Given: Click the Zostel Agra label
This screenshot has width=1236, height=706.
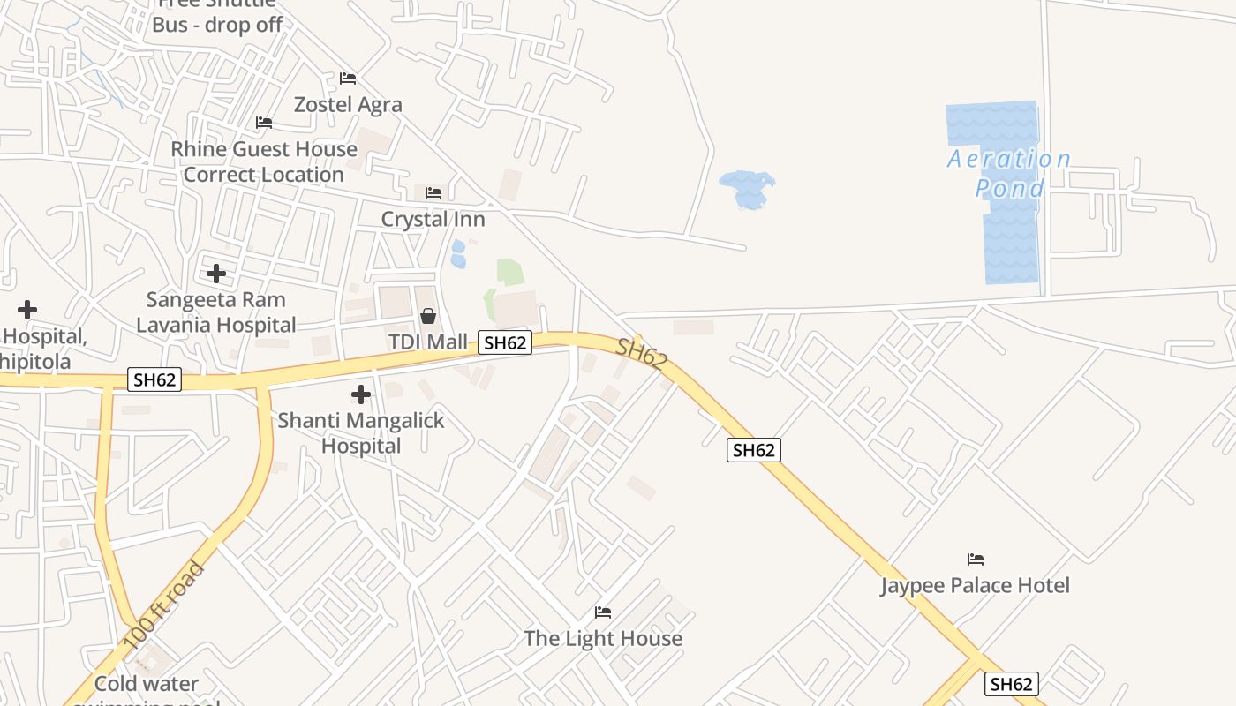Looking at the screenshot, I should [x=348, y=104].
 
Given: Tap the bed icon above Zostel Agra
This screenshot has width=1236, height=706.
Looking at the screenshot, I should [x=348, y=79].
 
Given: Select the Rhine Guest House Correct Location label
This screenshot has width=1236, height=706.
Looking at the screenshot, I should [x=264, y=161].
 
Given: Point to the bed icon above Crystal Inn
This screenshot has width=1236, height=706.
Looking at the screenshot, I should [x=433, y=192].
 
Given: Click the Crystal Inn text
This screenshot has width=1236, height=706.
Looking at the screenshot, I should [x=433, y=218].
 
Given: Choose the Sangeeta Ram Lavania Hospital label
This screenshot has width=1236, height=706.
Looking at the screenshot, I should [x=216, y=312].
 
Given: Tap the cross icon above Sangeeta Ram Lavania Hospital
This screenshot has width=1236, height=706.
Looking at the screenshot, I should [x=216, y=274].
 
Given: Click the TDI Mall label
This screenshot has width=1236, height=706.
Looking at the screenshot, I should [x=428, y=342].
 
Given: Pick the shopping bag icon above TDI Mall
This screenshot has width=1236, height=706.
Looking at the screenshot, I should [x=428, y=316].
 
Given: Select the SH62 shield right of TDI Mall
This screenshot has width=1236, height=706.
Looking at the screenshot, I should [x=505, y=342].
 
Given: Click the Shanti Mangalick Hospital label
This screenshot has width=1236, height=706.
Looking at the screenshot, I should [x=361, y=432].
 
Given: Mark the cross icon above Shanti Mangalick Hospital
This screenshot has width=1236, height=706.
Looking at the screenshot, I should [x=361, y=394].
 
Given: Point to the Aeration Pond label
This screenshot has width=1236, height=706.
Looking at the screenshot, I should [x=1009, y=173].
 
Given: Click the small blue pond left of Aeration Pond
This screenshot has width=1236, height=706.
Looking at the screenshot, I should [x=746, y=189].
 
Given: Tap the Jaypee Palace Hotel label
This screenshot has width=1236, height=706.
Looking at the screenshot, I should [x=975, y=585].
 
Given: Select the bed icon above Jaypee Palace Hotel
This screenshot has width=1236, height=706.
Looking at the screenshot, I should [x=976, y=560].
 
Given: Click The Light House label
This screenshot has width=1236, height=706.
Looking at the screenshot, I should [x=603, y=638].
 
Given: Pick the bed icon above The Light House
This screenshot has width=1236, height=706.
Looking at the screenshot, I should [x=603, y=612].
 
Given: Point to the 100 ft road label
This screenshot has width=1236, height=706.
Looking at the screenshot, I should [x=164, y=605].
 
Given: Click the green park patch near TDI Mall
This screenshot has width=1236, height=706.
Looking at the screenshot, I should [x=509, y=273].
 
